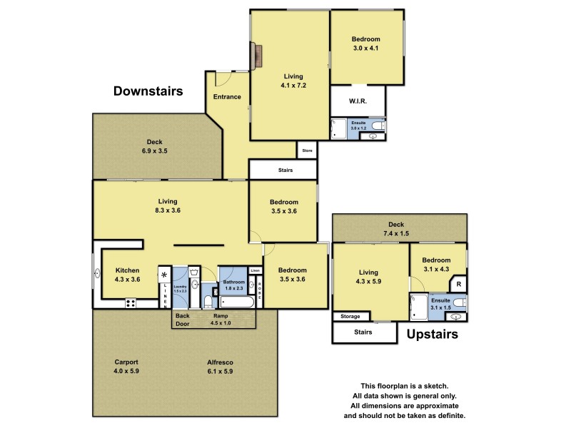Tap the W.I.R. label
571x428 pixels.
tap(358, 102)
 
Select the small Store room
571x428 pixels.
tap(307, 151)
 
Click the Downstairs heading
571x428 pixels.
tap(148, 91)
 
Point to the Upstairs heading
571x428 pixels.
tap(432, 334)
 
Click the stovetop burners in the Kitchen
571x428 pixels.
tap(131, 302)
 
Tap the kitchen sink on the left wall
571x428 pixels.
tap(98, 270)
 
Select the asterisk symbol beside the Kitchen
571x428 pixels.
tap(164, 275)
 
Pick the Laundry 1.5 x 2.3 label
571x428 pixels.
tap(180, 288)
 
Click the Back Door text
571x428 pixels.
tap(183, 320)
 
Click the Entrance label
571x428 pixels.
tap(227, 97)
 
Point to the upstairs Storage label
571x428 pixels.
tap(350, 316)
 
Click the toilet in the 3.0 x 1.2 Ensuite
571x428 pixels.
tap(380, 127)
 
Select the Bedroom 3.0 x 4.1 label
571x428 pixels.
tap(365, 44)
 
